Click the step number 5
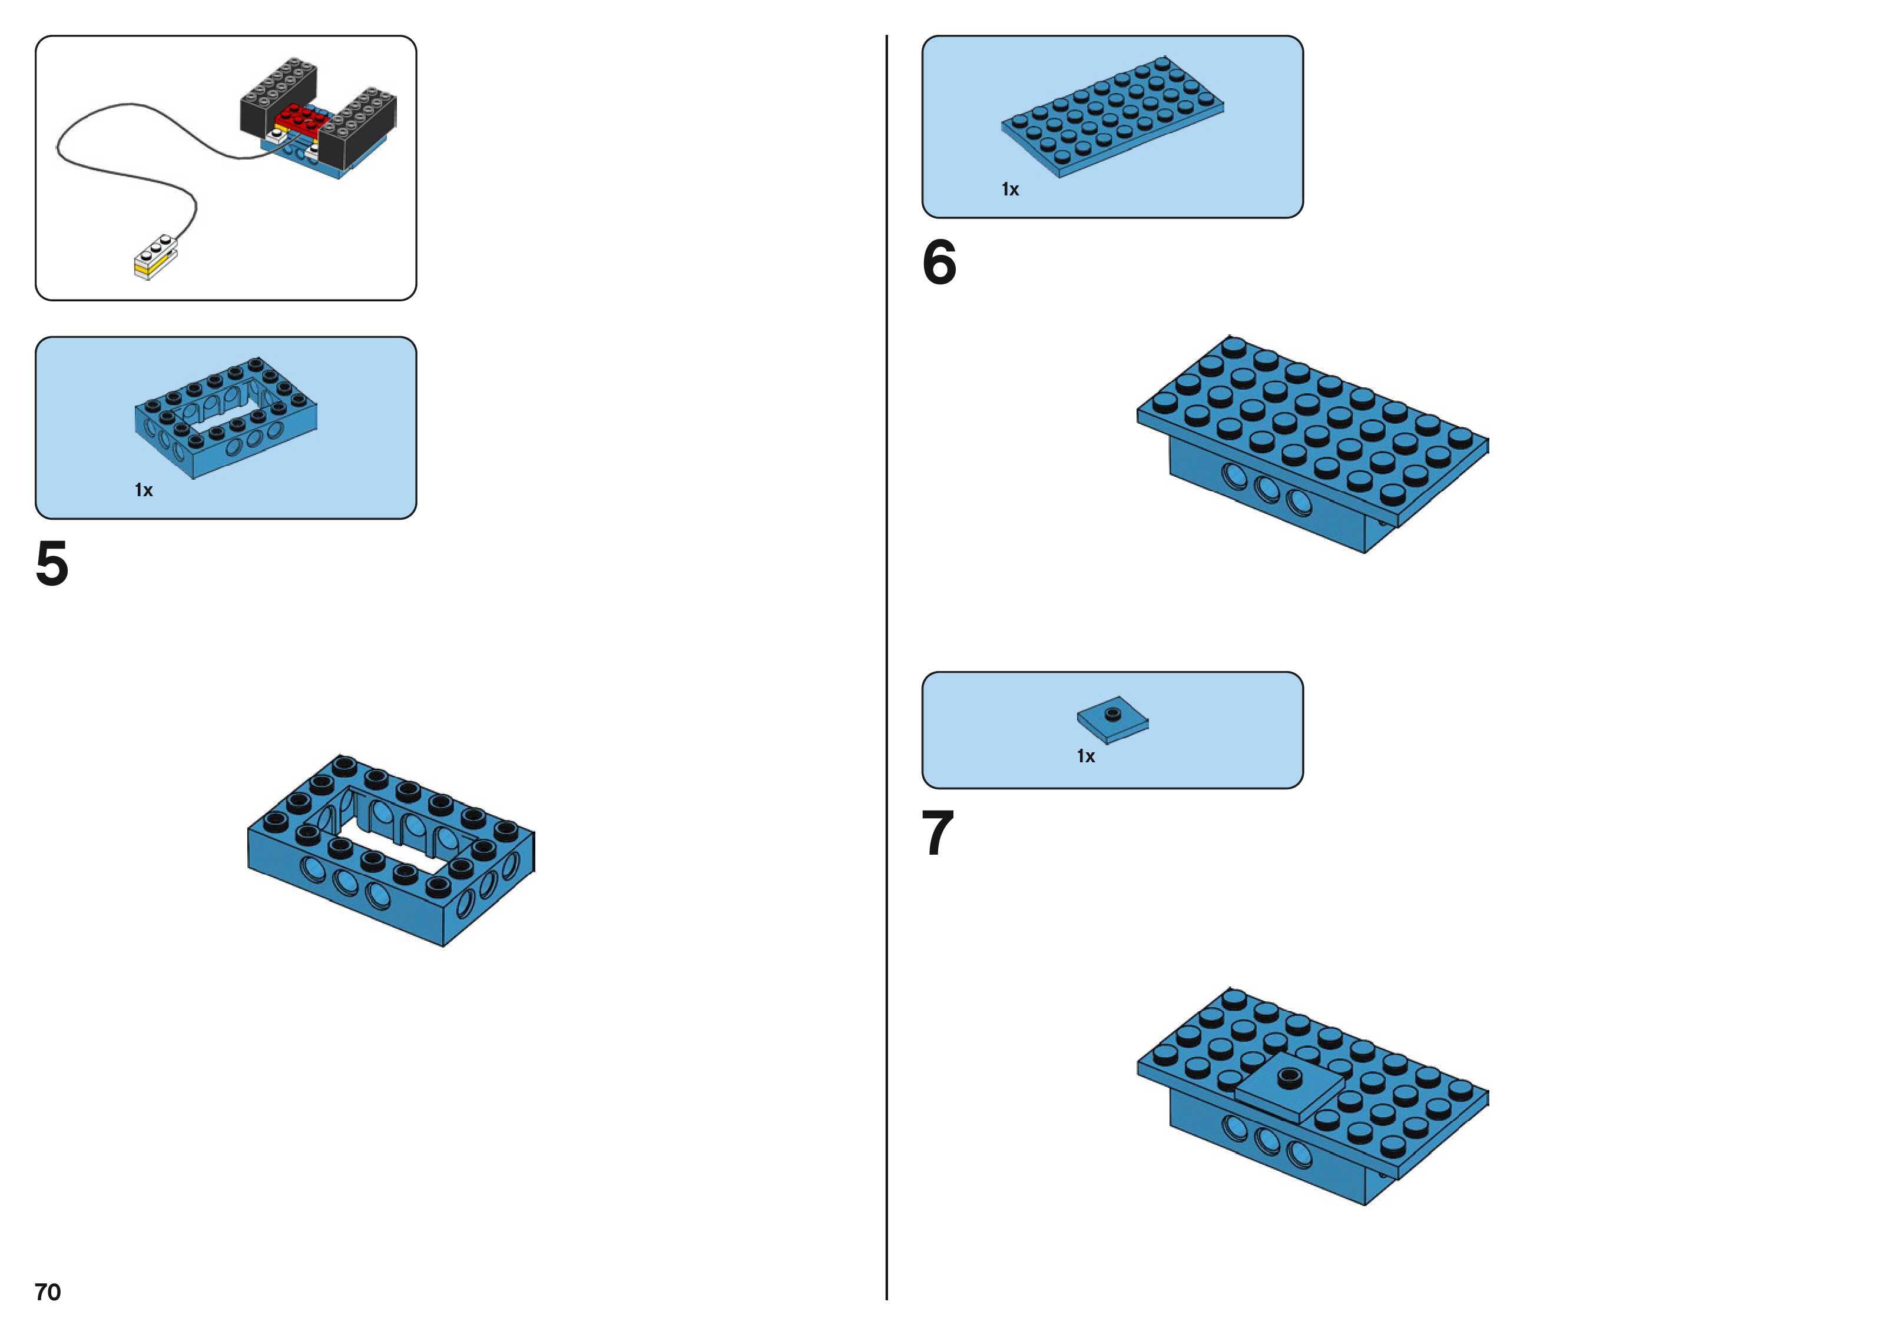[52, 564]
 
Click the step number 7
[938, 833]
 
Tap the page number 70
[48, 1291]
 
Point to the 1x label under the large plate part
[1010, 190]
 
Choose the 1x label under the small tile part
[1085, 756]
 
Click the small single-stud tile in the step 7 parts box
[1112, 719]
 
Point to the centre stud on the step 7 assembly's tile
[1289, 1074]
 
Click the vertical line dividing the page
[886, 657]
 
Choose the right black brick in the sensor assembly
[360, 127]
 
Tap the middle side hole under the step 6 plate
[1267, 489]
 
